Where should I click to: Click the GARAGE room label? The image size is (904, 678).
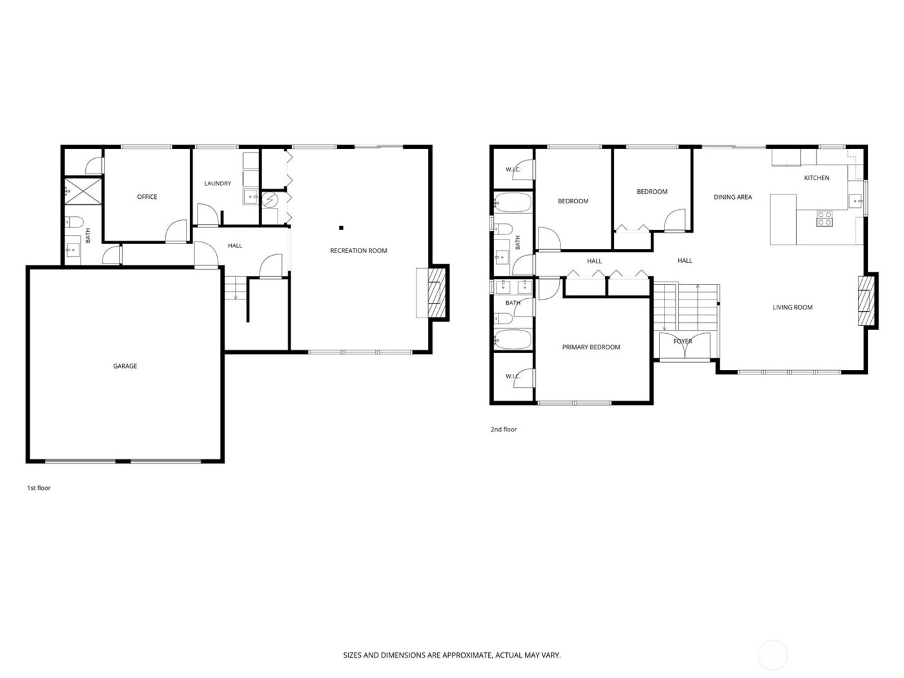[x=125, y=366]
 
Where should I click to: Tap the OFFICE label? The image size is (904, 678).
[x=147, y=197]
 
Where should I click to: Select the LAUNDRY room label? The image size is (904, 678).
[x=218, y=183]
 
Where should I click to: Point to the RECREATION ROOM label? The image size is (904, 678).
[x=358, y=251]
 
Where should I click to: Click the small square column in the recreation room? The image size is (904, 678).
[x=342, y=227]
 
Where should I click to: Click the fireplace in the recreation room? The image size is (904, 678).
[x=437, y=293]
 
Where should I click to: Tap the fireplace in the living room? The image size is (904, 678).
[x=867, y=301]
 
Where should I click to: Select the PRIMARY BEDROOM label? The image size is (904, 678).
[x=591, y=347]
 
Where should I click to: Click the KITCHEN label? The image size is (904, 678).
[x=816, y=178]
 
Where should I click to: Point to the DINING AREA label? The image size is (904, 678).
[x=732, y=197]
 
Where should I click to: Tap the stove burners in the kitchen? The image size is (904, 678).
[x=825, y=218]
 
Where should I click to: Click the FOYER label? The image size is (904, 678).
[x=683, y=341]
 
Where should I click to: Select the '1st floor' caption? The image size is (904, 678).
[x=39, y=488]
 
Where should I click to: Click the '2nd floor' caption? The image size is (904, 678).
[x=504, y=429]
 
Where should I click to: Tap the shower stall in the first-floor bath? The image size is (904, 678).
[x=83, y=191]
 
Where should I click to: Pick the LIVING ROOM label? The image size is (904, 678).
[x=792, y=307]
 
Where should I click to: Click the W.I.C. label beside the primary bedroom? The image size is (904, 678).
[x=513, y=376]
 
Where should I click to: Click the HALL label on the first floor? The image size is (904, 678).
[x=235, y=245]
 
